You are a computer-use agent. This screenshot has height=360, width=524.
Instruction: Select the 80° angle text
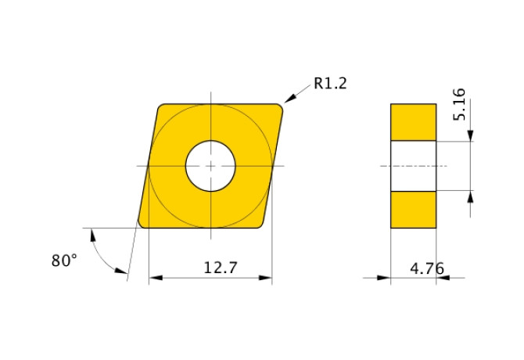64,261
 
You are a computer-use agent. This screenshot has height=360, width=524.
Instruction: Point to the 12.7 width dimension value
221,268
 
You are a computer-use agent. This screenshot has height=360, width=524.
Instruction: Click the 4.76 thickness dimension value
427,268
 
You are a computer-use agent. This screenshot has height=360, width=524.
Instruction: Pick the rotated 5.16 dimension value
459,103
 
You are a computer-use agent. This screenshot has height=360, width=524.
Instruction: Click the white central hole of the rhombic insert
210,166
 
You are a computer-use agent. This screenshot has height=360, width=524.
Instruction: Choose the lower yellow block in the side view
414,209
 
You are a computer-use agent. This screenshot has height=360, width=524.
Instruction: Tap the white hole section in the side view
414,166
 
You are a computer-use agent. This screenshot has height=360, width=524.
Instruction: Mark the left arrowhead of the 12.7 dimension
154,277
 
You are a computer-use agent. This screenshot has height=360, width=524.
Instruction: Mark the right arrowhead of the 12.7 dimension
267,277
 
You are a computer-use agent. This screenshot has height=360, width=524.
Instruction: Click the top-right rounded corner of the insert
277,109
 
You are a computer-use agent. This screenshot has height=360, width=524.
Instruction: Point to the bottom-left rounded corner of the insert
144,222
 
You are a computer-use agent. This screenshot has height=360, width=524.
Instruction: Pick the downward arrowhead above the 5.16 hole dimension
470,136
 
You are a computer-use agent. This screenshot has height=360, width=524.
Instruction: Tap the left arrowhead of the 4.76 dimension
385,277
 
